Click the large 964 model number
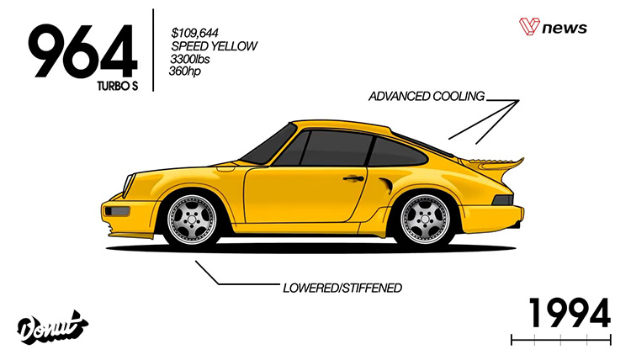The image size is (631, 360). pos(83,51)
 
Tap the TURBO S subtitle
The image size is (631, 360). pos(118,86)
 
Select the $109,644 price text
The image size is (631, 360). pos(194,32)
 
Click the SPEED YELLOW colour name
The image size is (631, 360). pos(214,46)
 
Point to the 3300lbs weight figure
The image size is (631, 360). pos(190,59)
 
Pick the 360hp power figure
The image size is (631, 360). pos(185,71)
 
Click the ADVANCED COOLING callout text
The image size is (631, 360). pos(427,96)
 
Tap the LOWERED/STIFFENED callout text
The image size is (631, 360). pos(342,288)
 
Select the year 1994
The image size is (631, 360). pos(570,314)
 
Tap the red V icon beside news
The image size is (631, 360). pos(529,27)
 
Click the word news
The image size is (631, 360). pos(565,29)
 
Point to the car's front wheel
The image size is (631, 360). pos(192,219)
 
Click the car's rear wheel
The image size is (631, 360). pos(425,219)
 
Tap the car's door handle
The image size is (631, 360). pos(353,177)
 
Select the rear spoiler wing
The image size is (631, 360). pos(493,164)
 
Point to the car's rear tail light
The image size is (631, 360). pos(503,200)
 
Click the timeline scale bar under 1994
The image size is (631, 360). pos(561,341)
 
